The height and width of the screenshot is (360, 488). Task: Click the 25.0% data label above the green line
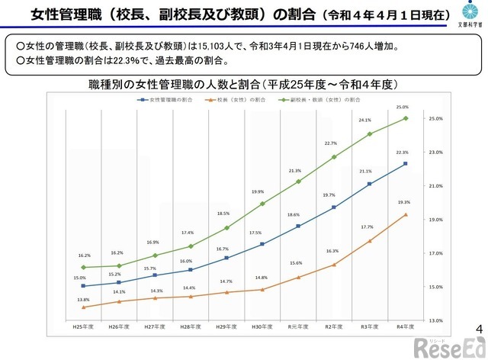(x=403, y=107)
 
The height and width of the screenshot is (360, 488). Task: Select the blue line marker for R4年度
(x=405, y=163)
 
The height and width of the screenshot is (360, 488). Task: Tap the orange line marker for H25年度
(x=83, y=307)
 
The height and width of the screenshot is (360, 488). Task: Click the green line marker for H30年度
(x=262, y=204)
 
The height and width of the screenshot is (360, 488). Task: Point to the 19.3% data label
(x=405, y=202)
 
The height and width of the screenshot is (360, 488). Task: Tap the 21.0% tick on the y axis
(x=436, y=186)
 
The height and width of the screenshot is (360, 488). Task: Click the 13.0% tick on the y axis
(x=436, y=320)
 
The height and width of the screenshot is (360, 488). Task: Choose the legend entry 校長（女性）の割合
(x=244, y=100)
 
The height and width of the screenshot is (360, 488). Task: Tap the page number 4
(x=478, y=329)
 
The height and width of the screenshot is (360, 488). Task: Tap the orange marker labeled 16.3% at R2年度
(x=333, y=265)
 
